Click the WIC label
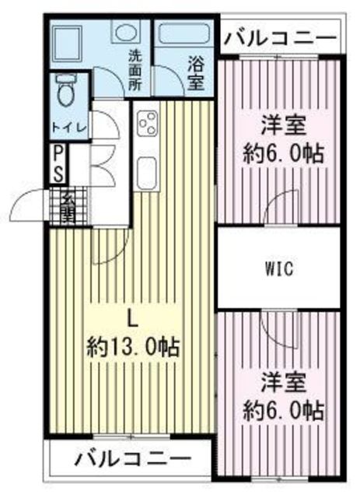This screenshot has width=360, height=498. click(x=277, y=269)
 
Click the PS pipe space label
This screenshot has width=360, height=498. click(x=59, y=163)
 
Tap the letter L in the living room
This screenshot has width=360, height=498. click(x=133, y=317)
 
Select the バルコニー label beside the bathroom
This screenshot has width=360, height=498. click(x=280, y=37)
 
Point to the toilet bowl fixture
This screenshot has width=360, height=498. click(x=67, y=93)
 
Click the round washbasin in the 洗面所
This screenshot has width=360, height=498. click(x=124, y=33)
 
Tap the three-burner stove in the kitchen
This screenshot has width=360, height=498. click(x=148, y=124)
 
